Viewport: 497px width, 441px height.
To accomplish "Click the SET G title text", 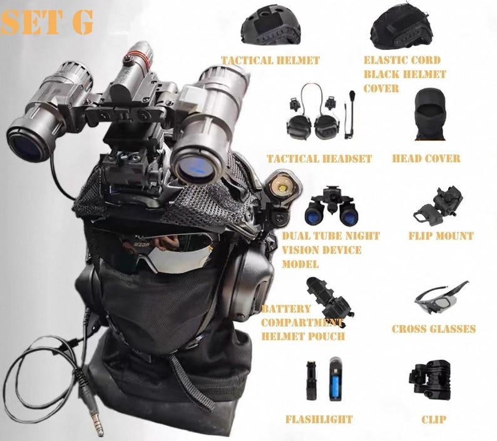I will point(47,22).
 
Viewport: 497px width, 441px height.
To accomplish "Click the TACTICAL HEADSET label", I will point(319,159).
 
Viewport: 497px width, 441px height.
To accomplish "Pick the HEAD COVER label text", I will point(426,159).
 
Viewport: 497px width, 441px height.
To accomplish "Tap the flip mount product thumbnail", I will point(439,205).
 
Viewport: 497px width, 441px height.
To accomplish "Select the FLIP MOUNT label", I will point(441,236).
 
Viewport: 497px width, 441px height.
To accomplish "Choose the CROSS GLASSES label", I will point(434,329).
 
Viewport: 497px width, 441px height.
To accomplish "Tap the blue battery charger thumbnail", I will point(336,380).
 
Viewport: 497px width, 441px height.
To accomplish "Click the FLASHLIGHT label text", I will point(319,419).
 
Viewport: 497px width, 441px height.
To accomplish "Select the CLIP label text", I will point(433,419).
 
